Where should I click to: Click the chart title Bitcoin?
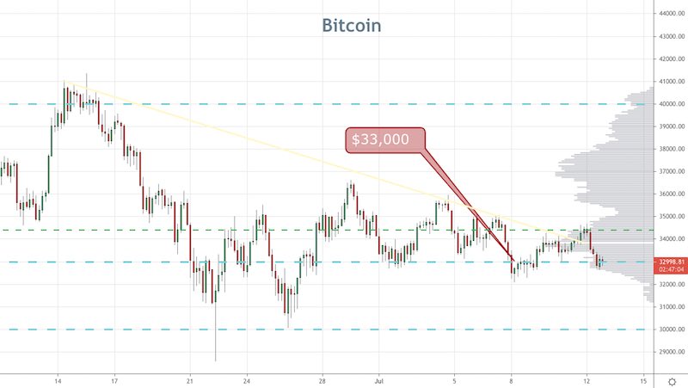pyautogui.click(x=352, y=25)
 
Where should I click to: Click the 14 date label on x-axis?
pyautogui.click(x=58, y=379)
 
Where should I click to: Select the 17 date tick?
pyautogui.click(x=114, y=379)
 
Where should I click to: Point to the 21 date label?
pyautogui.click(x=190, y=379)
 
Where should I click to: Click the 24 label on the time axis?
pyautogui.click(x=246, y=379)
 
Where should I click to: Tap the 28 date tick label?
pyautogui.click(x=322, y=379)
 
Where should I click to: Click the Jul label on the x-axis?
pyautogui.click(x=378, y=379)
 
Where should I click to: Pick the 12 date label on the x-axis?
pyautogui.click(x=587, y=379)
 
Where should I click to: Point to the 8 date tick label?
pyautogui.click(x=512, y=379)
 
